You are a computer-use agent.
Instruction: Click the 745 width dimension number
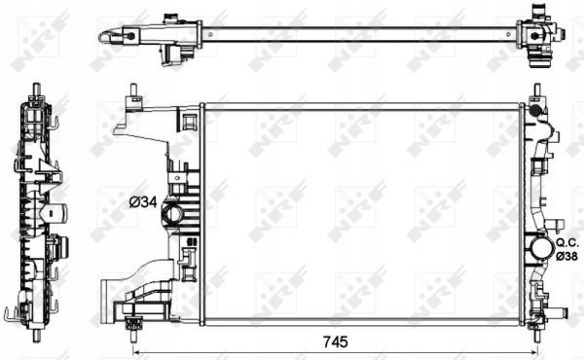[x=334, y=342]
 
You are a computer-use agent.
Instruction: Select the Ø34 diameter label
[x=143, y=202]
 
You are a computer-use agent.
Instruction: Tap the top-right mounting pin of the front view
[x=536, y=93]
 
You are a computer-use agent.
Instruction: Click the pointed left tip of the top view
[x=102, y=37]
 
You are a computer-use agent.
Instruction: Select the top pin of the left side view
[x=37, y=90]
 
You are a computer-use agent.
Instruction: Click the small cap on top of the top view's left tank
[x=171, y=18]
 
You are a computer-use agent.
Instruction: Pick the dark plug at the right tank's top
[x=533, y=110]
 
